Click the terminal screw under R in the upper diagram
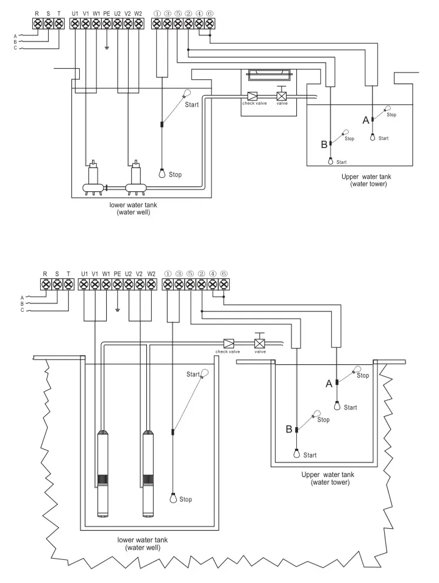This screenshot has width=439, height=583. point(37,23)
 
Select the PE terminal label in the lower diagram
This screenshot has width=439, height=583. point(117,274)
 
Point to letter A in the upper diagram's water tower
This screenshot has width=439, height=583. point(366,121)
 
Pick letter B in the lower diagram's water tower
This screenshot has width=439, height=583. point(289,429)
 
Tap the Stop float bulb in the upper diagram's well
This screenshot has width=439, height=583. point(162,172)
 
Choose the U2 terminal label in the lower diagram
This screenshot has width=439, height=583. point(129,274)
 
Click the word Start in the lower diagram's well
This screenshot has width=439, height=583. point(193,374)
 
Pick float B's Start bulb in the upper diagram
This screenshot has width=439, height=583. point(330,161)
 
